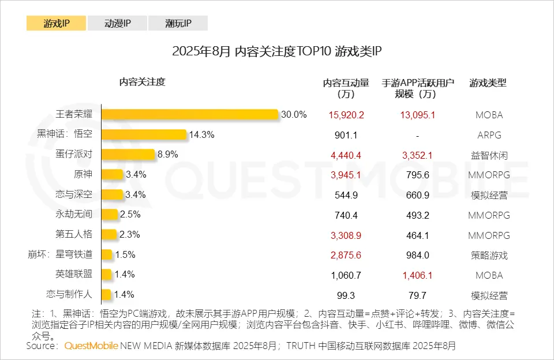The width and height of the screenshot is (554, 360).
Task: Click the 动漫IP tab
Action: pos(117,24)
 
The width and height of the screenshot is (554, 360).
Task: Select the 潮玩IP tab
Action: pos(178,24)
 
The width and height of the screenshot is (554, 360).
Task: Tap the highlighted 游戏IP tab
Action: pos(56,24)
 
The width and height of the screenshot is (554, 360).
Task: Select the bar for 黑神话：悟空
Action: pos(144,134)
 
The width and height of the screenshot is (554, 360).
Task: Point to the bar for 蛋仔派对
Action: pos(128,155)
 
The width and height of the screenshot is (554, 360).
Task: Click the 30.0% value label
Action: pos(294,114)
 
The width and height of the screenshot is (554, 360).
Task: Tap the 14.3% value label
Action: pos(202,134)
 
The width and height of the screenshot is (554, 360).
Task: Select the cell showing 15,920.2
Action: pos(346,115)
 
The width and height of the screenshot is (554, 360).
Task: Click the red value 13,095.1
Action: pos(417,115)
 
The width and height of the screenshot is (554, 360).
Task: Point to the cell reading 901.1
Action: pos(346,135)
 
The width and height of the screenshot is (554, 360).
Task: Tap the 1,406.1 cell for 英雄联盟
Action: pos(417,275)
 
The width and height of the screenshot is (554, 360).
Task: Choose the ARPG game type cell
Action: pos(489,135)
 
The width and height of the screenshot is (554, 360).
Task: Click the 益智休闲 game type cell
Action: pos(489,155)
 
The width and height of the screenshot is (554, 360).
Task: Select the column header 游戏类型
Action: pos(488,82)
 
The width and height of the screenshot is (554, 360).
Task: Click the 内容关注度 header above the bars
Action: pos(142,82)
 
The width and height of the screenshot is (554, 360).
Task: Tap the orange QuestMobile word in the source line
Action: pos(91,346)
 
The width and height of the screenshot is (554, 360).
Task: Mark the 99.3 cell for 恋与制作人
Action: pos(346,295)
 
